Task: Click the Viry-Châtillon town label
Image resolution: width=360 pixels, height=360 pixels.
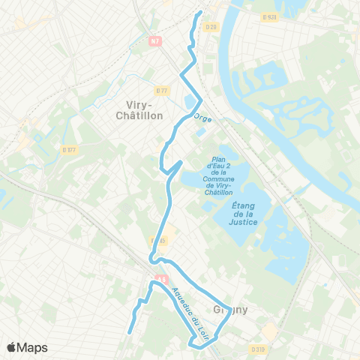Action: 140,109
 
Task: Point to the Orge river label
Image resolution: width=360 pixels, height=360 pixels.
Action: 202,118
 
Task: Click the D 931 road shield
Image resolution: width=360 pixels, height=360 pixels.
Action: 270,16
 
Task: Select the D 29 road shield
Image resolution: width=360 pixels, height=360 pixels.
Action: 211,28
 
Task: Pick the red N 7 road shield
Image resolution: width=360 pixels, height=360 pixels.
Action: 155,41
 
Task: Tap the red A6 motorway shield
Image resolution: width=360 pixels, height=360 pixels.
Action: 159,277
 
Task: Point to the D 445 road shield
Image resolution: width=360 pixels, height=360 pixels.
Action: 159,241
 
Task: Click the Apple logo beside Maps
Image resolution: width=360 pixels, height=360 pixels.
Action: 12,347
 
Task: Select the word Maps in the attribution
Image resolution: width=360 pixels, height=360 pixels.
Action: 32,347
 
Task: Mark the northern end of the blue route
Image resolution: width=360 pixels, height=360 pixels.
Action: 200,13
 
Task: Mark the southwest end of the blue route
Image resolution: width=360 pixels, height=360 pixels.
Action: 130,331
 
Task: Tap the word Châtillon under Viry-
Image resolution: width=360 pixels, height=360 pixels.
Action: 140,115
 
